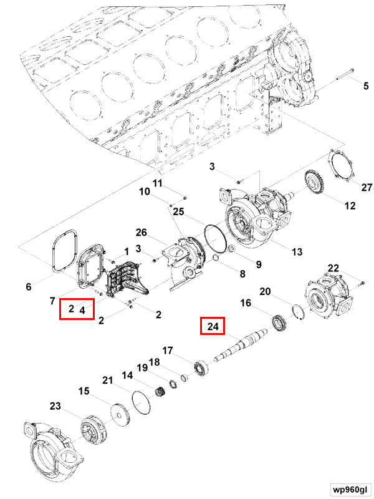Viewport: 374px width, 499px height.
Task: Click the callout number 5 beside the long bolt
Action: [366, 86]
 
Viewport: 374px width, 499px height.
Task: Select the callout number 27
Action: [366, 187]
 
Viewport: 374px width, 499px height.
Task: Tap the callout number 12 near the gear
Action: [350, 205]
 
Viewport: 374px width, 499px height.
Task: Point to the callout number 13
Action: [297, 251]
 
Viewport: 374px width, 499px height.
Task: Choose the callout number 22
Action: [333, 269]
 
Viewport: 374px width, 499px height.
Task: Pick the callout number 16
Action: [246, 303]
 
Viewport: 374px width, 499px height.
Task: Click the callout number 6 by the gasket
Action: [28, 287]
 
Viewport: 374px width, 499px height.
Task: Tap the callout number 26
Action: [141, 233]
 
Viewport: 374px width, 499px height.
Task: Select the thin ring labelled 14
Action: [143, 399]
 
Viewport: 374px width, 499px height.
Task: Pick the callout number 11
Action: [158, 183]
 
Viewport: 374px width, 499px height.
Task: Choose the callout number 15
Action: [84, 391]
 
